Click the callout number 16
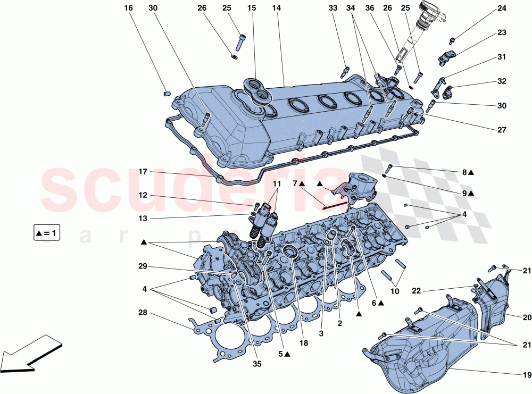tap(128, 9)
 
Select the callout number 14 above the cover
tap(276, 9)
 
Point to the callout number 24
tap(502, 9)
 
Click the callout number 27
tap(502, 130)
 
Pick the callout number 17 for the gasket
tap(143, 172)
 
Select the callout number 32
tap(502, 81)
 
